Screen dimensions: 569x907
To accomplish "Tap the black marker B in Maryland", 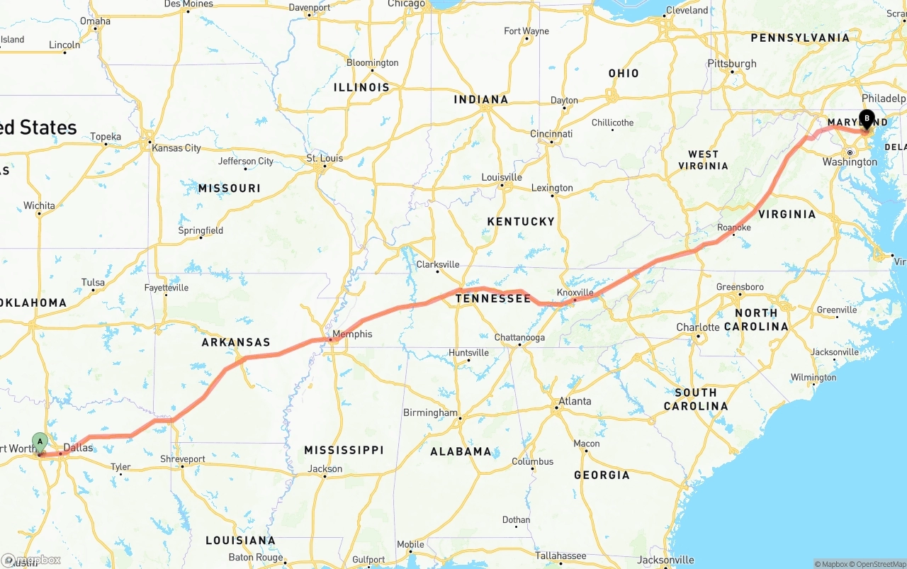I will pos(866,120).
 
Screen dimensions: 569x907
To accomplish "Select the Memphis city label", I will pos(352,334).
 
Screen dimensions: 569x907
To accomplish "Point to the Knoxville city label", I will pos(575,293).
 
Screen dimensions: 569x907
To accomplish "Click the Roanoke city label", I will pos(733,227).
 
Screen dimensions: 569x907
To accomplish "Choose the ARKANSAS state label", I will pos(236,342).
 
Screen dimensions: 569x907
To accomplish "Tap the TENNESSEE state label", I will pos(492,299).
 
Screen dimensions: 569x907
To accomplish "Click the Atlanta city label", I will pos(575,401).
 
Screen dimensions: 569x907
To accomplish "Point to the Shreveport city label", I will pos(182,459).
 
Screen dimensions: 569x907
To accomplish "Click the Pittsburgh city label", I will pos(732,64).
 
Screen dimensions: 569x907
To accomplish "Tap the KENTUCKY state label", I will pos(521,222).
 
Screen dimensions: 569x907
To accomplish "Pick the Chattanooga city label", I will pos(519,337).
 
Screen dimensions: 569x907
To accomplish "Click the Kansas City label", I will pos(176,148).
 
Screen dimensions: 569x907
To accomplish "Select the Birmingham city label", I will pos(430,412).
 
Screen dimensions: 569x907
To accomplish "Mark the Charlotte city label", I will pos(698,327).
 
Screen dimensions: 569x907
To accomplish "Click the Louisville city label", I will pos(502,177).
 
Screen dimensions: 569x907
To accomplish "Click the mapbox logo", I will pos(31,560).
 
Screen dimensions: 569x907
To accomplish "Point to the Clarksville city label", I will pos(437,264).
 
